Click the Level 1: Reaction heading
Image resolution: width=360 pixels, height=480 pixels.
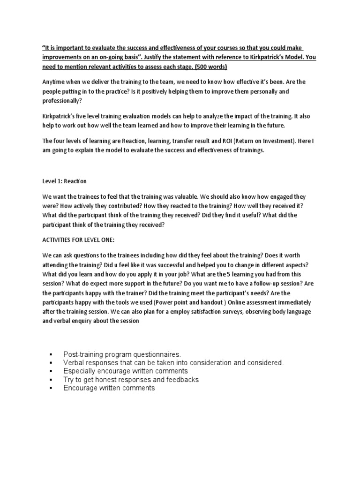(x=65, y=181)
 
